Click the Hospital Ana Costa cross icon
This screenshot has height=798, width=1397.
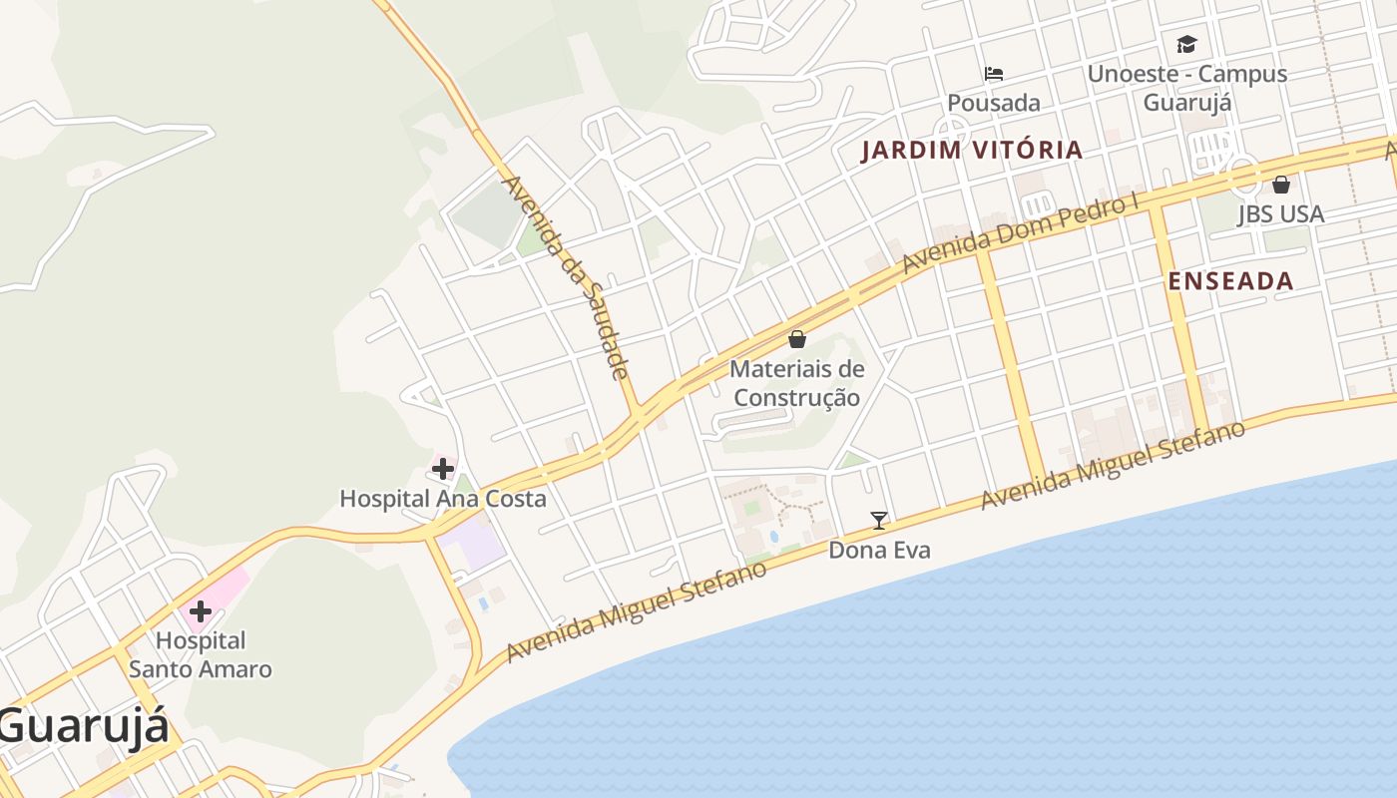443,468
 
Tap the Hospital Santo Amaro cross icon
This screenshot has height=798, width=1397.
201,610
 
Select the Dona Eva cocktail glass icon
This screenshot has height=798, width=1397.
879,520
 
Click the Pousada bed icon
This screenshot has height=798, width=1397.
993,73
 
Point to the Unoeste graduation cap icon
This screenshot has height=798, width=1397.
1186,44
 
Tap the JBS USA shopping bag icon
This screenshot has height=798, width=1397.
1281,185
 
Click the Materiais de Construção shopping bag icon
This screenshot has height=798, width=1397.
796,339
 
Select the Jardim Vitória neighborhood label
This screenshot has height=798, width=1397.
972,151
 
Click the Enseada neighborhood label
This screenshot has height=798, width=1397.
1230,281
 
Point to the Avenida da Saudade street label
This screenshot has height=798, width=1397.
566,278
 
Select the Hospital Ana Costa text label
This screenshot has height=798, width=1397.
443,499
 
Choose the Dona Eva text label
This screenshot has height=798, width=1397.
879,550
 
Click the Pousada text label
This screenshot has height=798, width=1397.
993,103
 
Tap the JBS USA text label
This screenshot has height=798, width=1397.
1281,214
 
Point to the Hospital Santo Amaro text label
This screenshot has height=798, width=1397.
201,654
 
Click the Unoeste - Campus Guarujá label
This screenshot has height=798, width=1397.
1186,88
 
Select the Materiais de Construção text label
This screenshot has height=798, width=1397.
796,383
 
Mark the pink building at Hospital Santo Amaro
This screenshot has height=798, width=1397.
226,584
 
